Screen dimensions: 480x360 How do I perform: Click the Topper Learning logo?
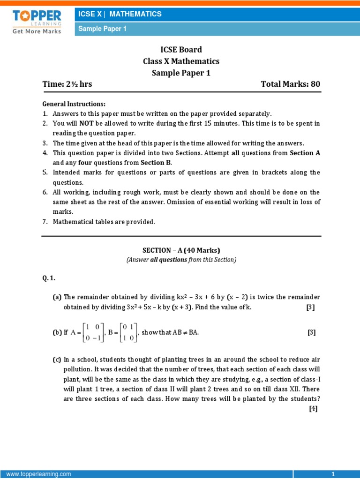(x=37, y=22)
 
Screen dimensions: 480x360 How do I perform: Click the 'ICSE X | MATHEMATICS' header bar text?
(x=120, y=14)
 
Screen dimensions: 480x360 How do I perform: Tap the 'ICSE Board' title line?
(x=181, y=50)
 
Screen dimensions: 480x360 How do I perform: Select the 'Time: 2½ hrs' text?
(x=67, y=84)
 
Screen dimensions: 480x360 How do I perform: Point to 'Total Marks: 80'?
(x=291, y=84)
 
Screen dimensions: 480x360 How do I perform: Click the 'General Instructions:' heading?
(x=74, y=104)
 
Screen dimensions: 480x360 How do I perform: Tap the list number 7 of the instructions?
(x=45, y=222)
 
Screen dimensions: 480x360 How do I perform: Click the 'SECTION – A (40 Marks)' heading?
(x=181, y=250)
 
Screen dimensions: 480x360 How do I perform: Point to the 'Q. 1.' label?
(x=49, y=278)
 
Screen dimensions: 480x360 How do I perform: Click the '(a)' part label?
(x=57, y=297)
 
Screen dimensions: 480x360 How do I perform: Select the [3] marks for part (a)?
(x=310, y=307)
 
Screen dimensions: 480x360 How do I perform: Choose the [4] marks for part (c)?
(x=313, y=408)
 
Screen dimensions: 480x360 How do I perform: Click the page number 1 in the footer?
(x=333, y=474)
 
